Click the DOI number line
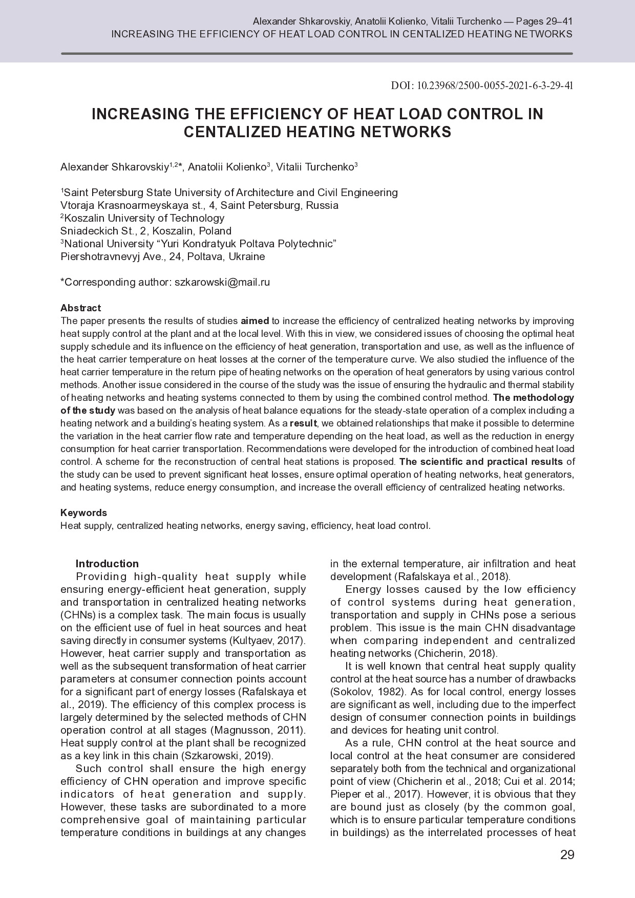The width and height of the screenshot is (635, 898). [x=481, y=85]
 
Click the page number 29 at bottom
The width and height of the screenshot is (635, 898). [x=567, y=855]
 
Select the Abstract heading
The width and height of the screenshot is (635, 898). [x=80, y=308]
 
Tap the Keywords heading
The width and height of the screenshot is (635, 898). [x=83, y=512]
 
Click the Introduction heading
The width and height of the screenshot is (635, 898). [x=107, y=564]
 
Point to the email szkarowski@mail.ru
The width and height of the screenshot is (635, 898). [x=222, y=282]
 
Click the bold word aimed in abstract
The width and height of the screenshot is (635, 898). [x=255, y=321]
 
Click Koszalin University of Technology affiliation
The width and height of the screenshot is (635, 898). [x=144, y=218]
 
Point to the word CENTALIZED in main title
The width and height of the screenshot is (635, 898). [x=233, y=132]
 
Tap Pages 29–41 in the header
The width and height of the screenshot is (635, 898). [x=544, y=22]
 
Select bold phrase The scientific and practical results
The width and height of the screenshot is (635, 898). [x=480, y=461]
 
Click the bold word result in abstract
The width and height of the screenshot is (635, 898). [x=303, y=423]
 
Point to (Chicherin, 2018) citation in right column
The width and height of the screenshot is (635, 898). [x=455, y=653]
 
